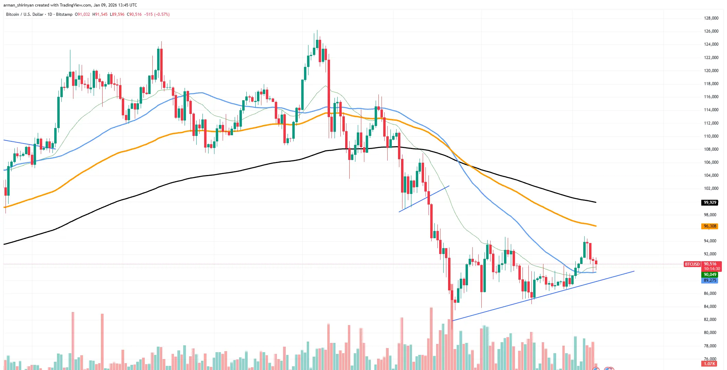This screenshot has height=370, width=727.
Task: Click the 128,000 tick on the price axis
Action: [711, 18]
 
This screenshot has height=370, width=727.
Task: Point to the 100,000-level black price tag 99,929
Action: [710, 203]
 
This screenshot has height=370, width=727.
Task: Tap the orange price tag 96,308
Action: [710, 226]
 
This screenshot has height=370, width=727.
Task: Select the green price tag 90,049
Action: [710, 275]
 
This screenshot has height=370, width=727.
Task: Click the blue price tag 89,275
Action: [710, 280]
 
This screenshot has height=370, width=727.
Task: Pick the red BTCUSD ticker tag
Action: [692, 264]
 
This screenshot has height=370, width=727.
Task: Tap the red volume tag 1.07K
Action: [709, 364]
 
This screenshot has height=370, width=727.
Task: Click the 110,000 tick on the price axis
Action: [711, 136]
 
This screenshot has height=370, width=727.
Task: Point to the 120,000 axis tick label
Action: [711, 71]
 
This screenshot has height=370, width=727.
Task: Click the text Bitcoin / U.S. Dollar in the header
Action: [25, 14]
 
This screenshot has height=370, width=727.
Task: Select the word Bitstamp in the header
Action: [64, 14]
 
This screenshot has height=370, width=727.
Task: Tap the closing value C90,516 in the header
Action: [134, 14]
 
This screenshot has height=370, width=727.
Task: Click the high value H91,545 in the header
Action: [100, 14]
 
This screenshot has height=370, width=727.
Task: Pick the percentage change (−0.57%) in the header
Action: [162, 14]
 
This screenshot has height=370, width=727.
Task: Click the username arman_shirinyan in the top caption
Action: [19, 5]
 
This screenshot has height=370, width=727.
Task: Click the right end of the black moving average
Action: [596, 202]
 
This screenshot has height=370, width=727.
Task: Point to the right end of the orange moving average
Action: [596, 226]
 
